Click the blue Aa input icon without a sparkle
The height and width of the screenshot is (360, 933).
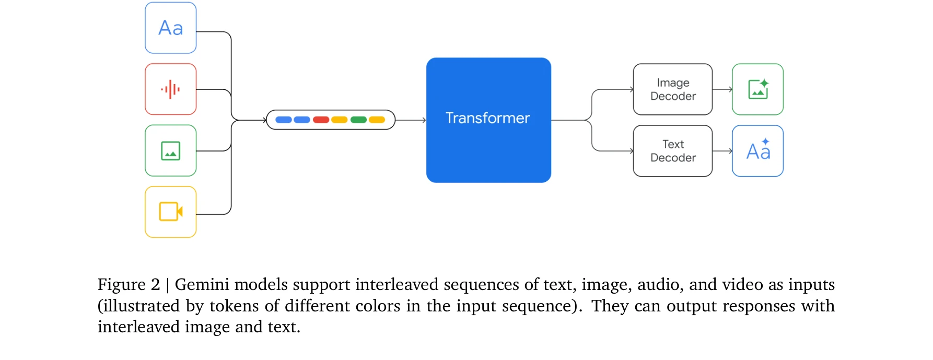[171, 28]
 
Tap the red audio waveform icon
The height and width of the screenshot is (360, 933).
[171, 89]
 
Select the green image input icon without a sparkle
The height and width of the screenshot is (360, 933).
[171, 151]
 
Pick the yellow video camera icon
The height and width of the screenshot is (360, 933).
[171, 212]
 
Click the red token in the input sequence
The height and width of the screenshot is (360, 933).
[321, 120]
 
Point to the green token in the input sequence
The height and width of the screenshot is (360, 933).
[358, 120]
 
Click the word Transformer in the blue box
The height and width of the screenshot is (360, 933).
[487, 118]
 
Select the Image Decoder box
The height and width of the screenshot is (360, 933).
[672, 89]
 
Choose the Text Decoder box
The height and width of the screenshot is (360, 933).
[672, 151]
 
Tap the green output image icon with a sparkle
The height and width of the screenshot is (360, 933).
[757, 89]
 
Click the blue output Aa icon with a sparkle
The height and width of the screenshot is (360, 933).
[757, 151]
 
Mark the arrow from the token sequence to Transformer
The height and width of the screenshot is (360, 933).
[411, 120]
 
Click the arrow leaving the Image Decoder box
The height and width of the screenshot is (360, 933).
[722, 89]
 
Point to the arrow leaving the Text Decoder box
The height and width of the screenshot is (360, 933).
[722, 151]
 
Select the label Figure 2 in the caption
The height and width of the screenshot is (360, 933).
[129, 285]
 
